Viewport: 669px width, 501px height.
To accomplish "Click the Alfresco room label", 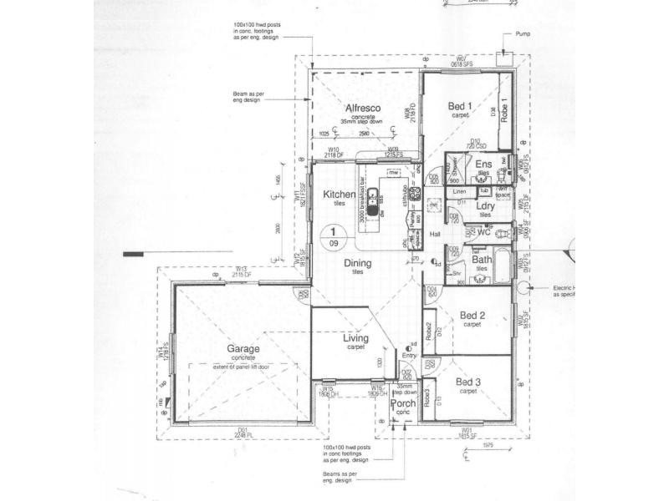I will (x=364, y=109).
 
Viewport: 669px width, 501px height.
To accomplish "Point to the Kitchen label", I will (x=340, y=195).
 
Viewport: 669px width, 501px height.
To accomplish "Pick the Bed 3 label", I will (x=467, y=382).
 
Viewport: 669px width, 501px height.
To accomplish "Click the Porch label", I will (x=403, y=403).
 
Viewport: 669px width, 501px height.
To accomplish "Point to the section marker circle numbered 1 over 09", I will (x=334, y=237).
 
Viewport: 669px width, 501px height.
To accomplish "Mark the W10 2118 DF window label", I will (x=339, y=152).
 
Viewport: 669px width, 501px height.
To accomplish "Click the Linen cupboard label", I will (x=459, y=193).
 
